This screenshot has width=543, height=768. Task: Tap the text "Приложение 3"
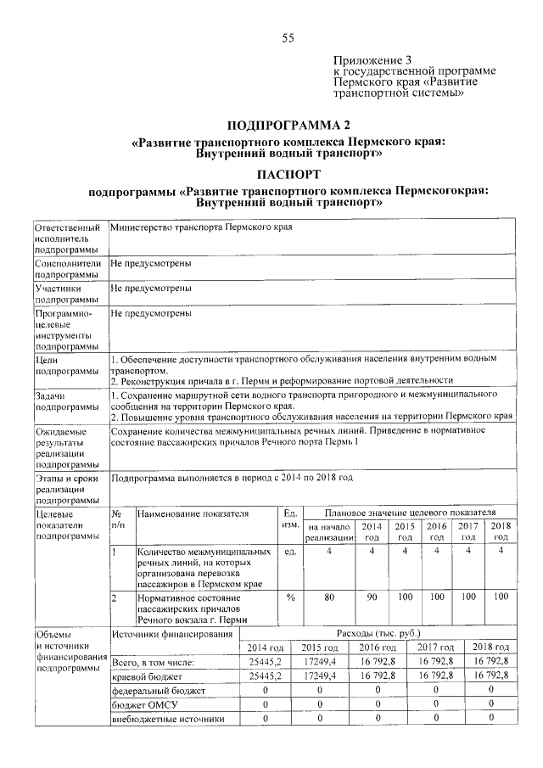coord(372,60)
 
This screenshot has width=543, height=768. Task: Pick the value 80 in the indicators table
coord(329,597)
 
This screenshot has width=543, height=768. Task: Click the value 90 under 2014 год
coord(371,597)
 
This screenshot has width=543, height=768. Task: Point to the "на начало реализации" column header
coord(329,532)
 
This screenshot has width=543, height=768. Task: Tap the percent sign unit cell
coord(289,597)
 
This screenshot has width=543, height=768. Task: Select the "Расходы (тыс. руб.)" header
coord(378,634)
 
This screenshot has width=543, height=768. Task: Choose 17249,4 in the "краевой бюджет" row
coord(320,676)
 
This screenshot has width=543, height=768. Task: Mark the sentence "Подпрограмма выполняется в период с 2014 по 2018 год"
coord(231,479)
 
